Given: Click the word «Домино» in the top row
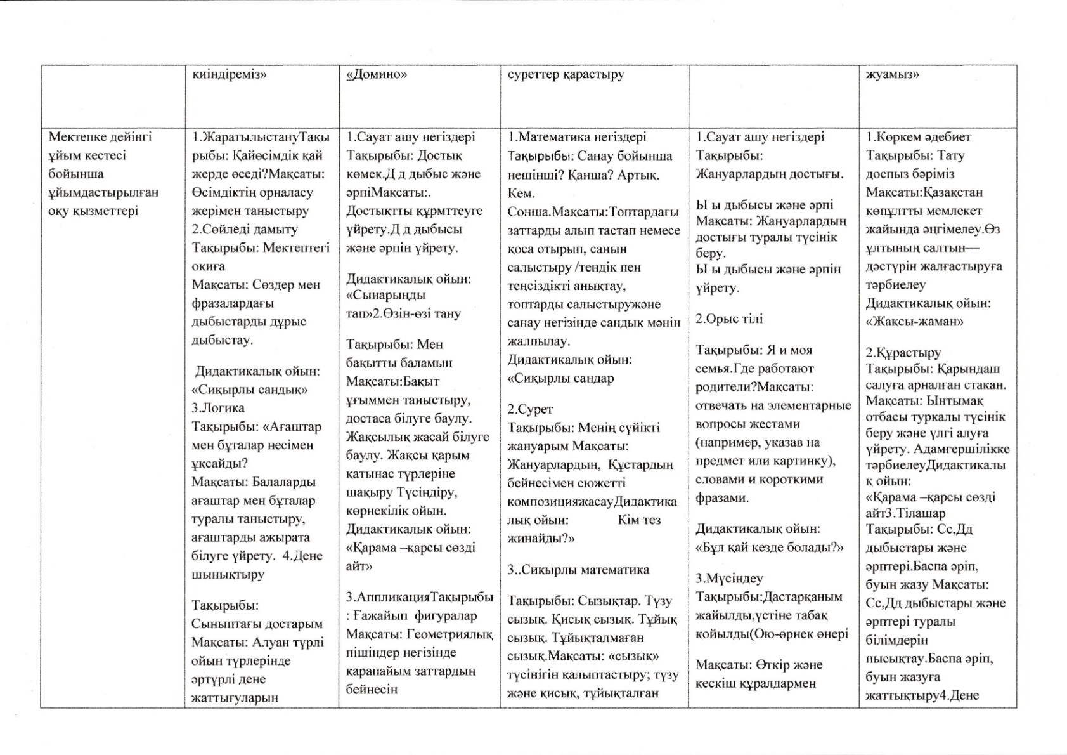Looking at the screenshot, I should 377,75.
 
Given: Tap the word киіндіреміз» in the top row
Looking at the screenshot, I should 230,75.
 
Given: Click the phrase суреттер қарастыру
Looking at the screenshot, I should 566,75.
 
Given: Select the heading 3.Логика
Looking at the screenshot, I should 218,408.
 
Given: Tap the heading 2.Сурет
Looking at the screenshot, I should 530,409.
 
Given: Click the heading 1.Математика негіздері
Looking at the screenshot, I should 577,137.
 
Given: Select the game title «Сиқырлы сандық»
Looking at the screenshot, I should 249,390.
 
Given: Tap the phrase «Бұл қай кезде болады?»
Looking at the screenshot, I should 770,547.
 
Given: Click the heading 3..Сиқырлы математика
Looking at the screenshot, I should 578,570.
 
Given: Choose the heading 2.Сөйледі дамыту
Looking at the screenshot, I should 245,229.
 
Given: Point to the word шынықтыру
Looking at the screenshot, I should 228,574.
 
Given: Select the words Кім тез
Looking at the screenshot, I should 638,520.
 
